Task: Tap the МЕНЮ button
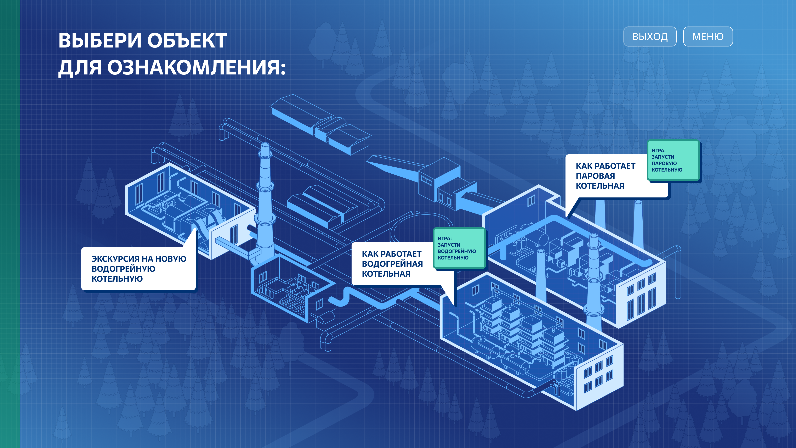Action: click(x=708, y=37)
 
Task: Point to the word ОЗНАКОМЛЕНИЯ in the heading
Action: click(x=196, y=67)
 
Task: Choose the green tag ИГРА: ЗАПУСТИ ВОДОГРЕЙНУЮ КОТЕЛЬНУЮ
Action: click(x=459, y=248)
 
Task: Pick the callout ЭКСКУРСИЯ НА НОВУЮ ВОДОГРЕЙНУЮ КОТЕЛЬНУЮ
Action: click(x=138, y=269)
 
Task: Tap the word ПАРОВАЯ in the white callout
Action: click(x=595, y=176)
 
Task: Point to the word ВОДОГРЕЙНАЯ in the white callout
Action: click(x=392, y=264)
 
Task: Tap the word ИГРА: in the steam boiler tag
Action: click(x=659, y=151)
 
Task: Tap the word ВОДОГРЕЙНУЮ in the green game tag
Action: click(x=457, y=251)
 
